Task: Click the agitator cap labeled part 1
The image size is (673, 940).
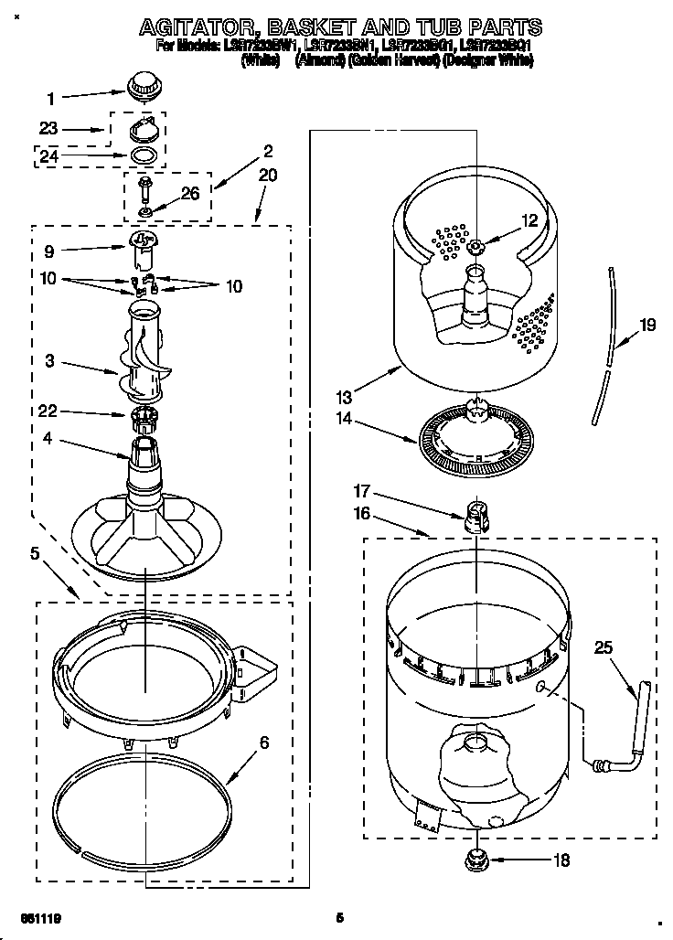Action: (141, 87)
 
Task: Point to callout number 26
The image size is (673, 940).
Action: (190, 193)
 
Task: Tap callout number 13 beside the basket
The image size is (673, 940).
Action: (343, 397)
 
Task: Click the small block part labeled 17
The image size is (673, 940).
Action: (474, 518)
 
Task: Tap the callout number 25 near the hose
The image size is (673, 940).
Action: (604, 648)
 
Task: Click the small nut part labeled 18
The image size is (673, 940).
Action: (476, 858)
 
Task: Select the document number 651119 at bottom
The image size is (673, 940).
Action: (41, 916)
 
